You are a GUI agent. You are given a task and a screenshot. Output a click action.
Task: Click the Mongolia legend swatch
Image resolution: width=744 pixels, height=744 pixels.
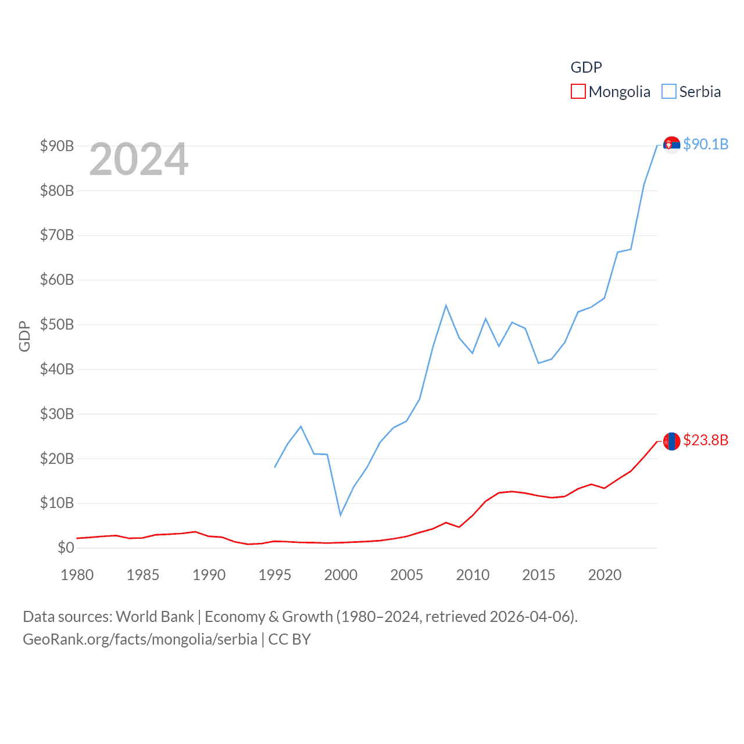point(578,91)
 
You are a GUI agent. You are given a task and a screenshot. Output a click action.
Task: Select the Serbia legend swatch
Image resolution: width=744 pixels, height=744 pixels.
point(669,91)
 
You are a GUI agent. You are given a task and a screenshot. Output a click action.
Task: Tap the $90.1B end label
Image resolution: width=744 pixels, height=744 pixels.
point(706,144)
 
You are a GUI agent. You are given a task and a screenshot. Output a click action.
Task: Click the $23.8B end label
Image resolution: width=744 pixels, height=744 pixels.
point(706,440)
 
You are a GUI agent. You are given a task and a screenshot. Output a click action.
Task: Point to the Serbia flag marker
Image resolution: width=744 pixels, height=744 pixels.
point(671,145)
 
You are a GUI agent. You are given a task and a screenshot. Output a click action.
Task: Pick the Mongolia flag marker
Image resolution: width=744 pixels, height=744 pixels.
point(671,441)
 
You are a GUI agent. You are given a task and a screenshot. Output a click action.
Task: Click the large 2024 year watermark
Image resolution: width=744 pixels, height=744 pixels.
point(138,159)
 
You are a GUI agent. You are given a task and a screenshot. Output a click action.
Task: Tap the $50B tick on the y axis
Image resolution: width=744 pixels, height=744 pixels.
point(57,324)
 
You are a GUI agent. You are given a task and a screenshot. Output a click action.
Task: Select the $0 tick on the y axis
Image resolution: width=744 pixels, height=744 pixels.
point(66,548)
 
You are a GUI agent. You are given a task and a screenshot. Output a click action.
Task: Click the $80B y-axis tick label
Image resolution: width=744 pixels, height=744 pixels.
point(57,191)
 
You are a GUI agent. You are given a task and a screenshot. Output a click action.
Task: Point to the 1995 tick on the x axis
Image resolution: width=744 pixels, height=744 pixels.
point(275,575)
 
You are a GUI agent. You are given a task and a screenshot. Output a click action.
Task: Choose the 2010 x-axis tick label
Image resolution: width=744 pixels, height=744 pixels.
point(473,575)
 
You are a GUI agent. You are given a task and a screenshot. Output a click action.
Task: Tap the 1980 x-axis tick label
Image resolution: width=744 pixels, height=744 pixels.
point(77,575)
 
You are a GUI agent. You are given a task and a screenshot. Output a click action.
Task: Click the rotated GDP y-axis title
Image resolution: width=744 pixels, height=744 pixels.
point(24,336)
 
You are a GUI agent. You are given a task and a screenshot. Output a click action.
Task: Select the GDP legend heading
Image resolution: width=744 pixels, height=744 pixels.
point(586,67)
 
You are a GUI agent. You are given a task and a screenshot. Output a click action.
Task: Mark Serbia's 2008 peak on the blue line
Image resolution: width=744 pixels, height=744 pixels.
point(446,305)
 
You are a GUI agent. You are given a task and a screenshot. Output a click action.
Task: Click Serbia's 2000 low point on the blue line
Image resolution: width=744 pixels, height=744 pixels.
point(341,515)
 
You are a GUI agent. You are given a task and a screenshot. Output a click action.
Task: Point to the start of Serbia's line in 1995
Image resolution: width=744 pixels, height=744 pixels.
point(275,467)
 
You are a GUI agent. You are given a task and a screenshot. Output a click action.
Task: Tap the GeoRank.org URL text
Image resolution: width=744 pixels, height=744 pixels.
point(139,639)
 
